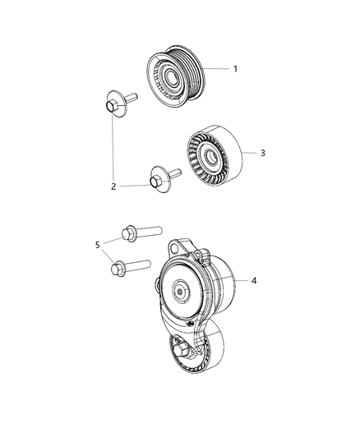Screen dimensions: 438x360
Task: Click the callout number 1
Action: coord(235,69)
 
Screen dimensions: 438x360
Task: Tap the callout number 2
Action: coord(114,187)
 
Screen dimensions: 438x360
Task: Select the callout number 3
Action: coord(262,153)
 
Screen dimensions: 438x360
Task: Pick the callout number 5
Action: coord(96,244)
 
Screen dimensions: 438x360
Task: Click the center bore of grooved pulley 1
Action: coord(173,76)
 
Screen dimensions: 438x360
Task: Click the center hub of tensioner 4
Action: coord(180,290)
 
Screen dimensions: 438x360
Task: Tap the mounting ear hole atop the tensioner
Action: coord(176,247)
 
